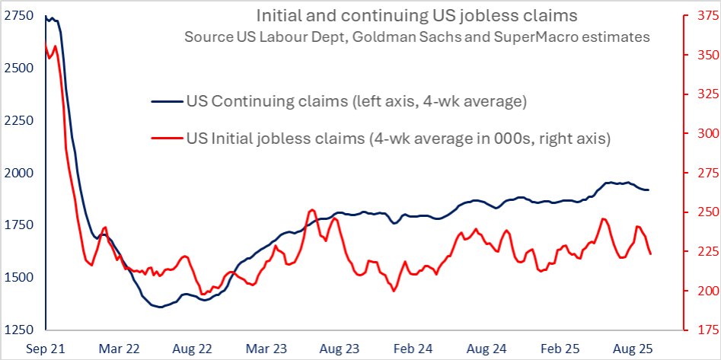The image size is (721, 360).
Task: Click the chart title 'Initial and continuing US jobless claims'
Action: point(416,15)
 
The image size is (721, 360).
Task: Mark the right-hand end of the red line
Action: point(650,254)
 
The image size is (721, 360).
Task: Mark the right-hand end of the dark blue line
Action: point(649,190)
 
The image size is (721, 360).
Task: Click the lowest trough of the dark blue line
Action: point(159,307)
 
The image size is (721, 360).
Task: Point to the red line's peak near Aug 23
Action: point(312,210)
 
